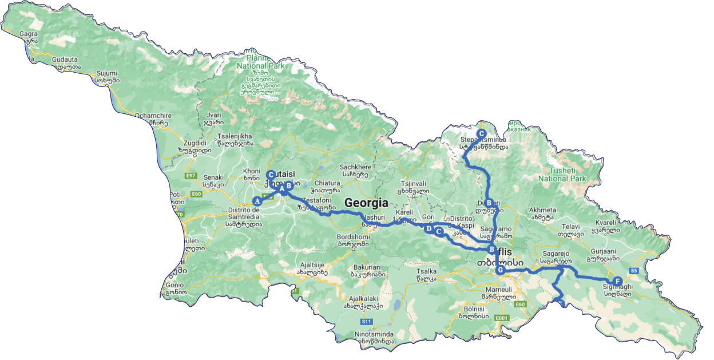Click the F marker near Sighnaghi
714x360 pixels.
pos(617,281)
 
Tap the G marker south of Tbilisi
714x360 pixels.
pos(500,270)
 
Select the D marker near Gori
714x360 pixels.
pos(429,229)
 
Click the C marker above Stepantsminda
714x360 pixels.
pos(482,133)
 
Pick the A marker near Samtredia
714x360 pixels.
pos(257,201)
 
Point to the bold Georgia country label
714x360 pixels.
pos(366,203)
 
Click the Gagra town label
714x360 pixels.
pos(28,34)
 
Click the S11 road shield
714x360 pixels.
pos(367,322)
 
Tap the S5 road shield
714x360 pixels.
pos(634,270)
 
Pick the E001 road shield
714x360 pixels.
pos(502,318)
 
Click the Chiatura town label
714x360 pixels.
pos(326,183)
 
